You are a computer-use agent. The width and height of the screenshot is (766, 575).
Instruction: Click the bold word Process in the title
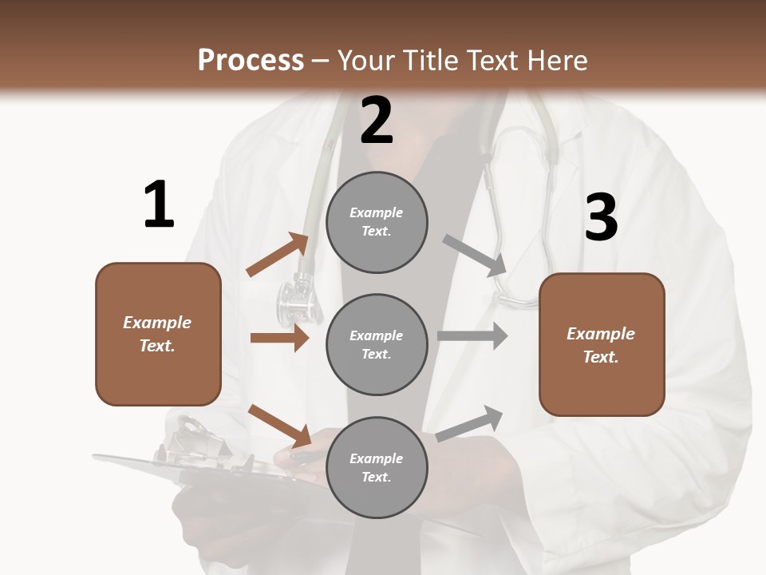coord(251,61)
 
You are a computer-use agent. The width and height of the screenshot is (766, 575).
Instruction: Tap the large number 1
coord(159,205)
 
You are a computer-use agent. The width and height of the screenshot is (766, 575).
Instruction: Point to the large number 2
coord(377,121)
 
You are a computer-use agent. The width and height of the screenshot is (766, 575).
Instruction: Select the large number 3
coord(602,218)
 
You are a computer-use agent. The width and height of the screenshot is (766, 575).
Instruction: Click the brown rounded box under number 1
coord(158,334)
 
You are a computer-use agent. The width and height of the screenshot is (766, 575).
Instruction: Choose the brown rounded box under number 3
coord(602,345)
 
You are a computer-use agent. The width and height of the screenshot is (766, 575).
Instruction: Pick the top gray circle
coord(377,222)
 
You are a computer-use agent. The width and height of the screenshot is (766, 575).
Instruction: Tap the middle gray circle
coord(377,345)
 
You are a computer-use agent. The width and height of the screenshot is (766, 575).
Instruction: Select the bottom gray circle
coord(377,468)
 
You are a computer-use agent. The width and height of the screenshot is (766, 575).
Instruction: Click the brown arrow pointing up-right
coord(278,255)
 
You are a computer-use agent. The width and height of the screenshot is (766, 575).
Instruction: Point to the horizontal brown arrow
coord(279,338)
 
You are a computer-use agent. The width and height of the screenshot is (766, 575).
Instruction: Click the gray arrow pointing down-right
coord(475,256)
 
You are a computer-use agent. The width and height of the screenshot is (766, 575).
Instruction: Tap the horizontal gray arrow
coord(472,336)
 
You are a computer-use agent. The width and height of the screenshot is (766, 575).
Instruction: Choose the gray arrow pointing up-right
coord(470,423)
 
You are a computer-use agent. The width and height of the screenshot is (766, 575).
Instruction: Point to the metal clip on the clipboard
coord(191,439)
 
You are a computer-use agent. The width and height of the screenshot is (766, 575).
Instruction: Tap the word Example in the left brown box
coord(157,323)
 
